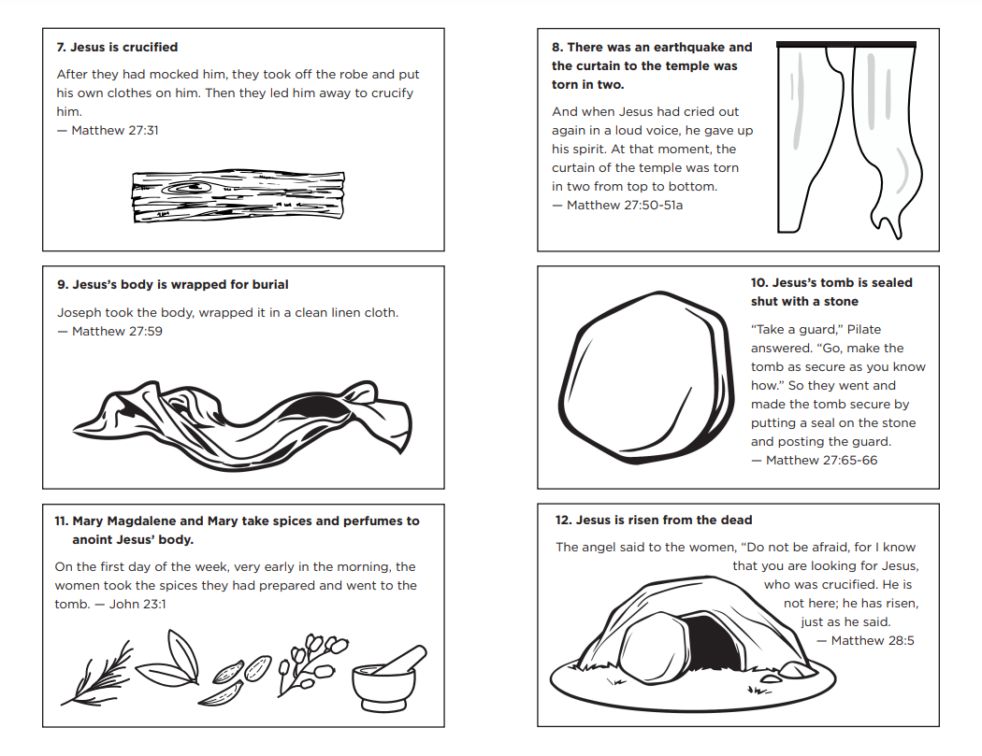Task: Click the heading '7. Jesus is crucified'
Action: pos(117,47)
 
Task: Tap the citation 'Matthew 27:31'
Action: pos(114,131)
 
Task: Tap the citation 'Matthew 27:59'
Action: pos(116,332)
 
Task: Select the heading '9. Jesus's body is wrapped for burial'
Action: pos(173,284)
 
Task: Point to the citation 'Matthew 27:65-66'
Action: pos(820,461)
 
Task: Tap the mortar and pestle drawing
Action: pos(386,680)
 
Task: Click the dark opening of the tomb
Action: pos(713,642)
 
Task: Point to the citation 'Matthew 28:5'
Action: pos(872,641)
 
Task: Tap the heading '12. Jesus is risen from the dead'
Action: pos(653,521)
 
